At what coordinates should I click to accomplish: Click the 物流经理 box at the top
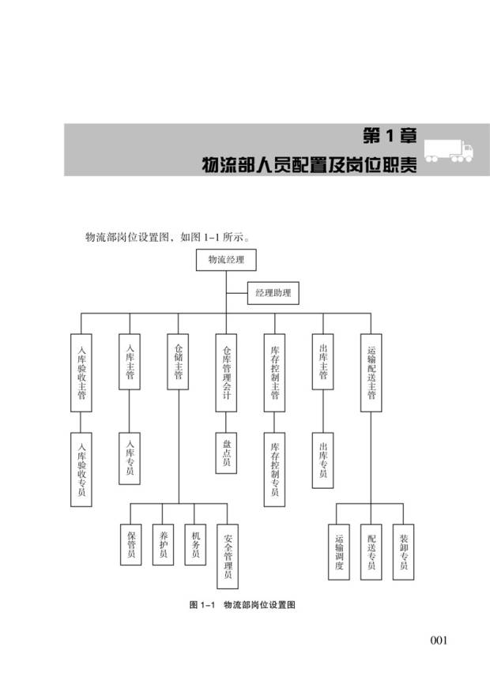226,260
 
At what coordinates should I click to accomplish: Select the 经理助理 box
273,294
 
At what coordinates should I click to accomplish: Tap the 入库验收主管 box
81,371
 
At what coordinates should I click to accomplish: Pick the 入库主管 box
130,361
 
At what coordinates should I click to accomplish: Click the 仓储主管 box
178,361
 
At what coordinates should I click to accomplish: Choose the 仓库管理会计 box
226,371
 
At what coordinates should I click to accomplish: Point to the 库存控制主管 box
274,371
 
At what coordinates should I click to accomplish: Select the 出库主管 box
322,361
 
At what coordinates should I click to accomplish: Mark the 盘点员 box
226,453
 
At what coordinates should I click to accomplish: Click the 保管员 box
130,544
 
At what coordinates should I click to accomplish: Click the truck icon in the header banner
448,150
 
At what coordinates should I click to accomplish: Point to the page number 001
439,640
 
